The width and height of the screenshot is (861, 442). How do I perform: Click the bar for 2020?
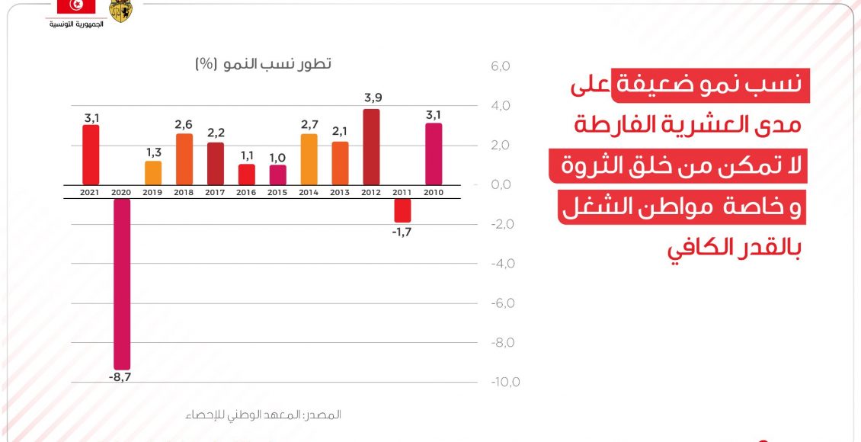(x=122, y=283)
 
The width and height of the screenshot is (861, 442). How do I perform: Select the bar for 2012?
(x=371, y=146)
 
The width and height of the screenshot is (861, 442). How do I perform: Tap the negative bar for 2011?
(x=402, y=210)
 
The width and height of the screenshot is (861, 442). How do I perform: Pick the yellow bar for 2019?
(x=153, y=172)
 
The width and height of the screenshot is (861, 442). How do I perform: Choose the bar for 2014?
(x=309, y=159)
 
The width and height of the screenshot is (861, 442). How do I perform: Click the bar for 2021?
(x=91, y=155)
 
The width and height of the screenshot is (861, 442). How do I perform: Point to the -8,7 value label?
(x=121, y=377)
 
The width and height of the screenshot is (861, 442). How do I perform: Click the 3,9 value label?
(x=372, y=98)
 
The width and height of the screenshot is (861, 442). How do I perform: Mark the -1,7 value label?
(x=402, y=232)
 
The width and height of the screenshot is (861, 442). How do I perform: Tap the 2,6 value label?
(x=184, y=123)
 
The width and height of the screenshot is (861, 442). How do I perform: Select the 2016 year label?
(x=246, y=193)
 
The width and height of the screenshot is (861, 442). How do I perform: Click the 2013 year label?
(x=340, y=193)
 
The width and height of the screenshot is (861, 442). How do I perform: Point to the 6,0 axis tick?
(x=501, y=66)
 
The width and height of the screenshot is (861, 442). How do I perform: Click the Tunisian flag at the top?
(x=76, y=7)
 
